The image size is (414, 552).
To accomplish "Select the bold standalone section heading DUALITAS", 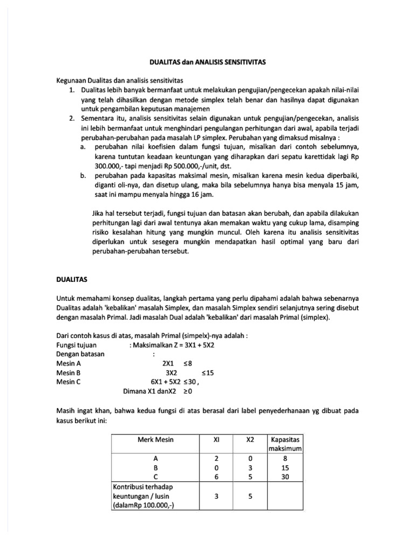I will [x=72, y=280].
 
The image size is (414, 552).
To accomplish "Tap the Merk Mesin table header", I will [x=156, y=439].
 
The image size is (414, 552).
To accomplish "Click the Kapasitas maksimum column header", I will [x=284, y=444].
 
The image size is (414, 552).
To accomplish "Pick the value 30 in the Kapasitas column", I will [x=285, y=477].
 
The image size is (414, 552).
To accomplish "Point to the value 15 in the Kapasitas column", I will [x=285, y=468].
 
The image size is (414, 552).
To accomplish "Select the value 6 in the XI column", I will [x=216, y=477].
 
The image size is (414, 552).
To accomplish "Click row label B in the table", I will [x=156, y=468].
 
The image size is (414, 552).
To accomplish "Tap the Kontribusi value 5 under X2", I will [x=250, y=496].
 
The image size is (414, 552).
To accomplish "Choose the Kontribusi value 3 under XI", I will [x=216, y=496].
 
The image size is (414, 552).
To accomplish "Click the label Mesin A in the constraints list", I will [x=68, y=363].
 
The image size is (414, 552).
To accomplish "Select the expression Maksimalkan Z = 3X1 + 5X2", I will [x=173, y=345].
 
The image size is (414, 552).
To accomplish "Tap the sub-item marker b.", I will [x=83, y=176].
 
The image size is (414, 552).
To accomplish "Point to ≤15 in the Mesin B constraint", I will [x=208, y=372].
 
